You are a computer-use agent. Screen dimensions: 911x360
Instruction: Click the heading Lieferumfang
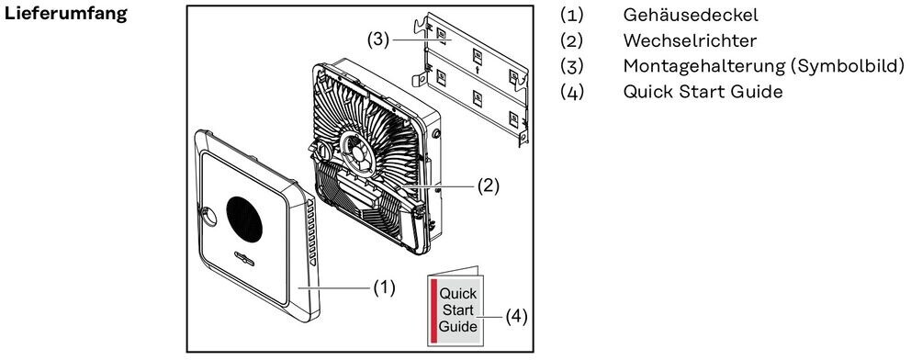point(65,15)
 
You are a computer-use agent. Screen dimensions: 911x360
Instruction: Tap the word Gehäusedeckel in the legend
point(691,15)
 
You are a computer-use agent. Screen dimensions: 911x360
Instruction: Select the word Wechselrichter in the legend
point(690,40)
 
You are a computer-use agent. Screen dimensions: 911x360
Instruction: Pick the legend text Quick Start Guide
point(703,92)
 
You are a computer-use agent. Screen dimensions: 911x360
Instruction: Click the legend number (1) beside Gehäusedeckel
point(571,15)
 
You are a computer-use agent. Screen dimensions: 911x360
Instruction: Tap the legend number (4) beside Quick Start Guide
point(571,92)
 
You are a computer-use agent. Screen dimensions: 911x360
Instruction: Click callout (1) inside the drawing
point(384,287)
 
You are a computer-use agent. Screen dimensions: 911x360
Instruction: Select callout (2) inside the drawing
point(488,186)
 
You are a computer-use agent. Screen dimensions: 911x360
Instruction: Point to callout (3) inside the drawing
point(378,40)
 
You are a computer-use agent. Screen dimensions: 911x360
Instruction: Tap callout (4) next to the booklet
point(516,317)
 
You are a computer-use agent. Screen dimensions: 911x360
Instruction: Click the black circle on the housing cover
point(244,219)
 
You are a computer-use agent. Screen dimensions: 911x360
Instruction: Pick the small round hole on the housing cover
point(209,217)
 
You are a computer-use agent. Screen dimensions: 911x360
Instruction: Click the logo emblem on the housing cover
point(244,256)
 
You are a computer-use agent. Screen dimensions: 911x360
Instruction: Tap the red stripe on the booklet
point(433,310)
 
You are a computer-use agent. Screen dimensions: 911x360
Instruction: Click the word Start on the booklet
point(458,309)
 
